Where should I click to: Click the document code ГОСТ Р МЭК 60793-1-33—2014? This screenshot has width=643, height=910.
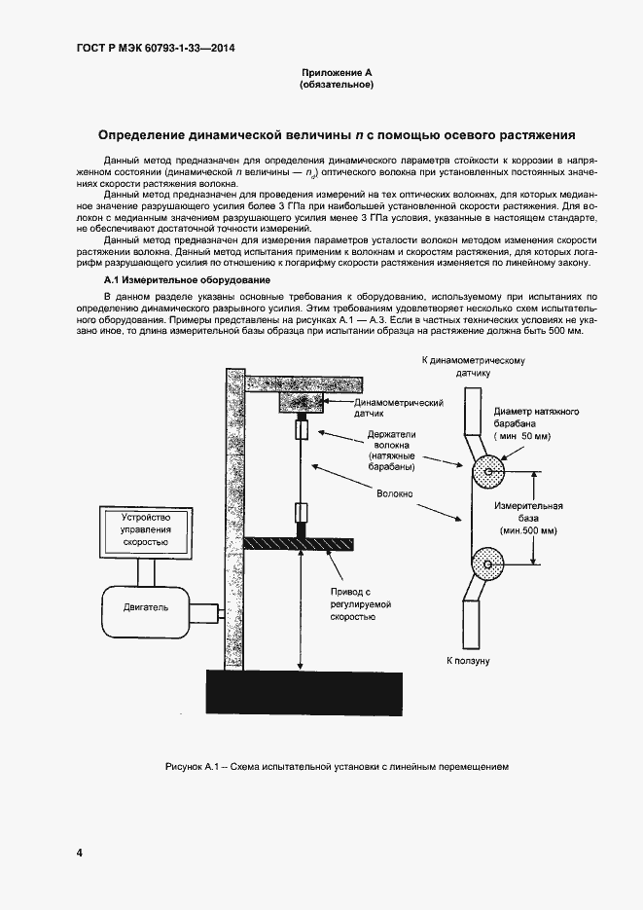pyautogui.click(x=157, y=48)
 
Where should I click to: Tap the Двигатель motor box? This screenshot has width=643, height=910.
pyautogui.click(x=144, y=608)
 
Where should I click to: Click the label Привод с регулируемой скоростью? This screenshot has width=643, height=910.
pyautogui.click(x=351, y=603)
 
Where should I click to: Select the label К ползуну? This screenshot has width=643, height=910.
pyautogui.click(x=467, y=661)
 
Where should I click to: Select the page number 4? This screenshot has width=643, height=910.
pyautogui.click(x=79, y=854)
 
